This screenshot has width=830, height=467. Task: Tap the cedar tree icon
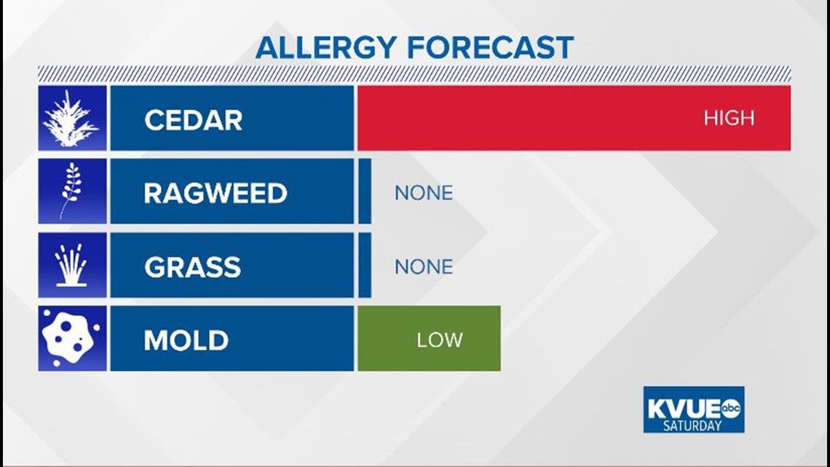(x=71, y=119)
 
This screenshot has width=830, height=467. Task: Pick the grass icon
(x=71, y=266)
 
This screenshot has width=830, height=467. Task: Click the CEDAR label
(x=193, y=120)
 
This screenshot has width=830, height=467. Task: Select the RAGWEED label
(x=216, y=193)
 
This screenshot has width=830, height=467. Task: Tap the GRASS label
(x=193, y=267)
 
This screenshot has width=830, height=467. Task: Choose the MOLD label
(x=186, y=340)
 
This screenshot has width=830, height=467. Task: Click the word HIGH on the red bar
(x=729, y=118)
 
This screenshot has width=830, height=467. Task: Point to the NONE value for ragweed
(x=424, y=193)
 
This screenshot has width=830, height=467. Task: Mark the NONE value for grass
(x=424, y=267)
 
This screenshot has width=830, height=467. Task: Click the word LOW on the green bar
(x=439, y=340)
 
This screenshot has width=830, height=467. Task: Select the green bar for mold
(x=430, y=338)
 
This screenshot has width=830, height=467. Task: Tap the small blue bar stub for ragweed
(x=365, y=191)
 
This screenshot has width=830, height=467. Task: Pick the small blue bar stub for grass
(x=365, y=264)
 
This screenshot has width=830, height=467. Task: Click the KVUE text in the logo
(x=684, y=409)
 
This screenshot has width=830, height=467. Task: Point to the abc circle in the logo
(x=731, y=408)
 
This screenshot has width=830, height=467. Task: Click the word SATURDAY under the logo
(x=692, y=425)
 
